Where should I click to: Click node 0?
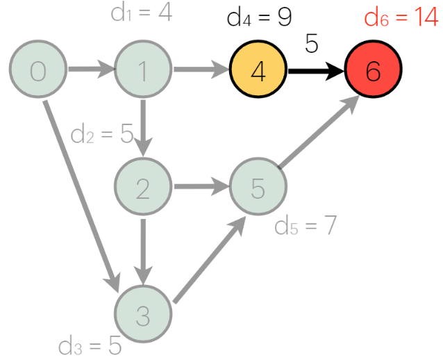pyautogui.click(x=37, y=70)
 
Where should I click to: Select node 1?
pyautogui.click(x=142, y=70)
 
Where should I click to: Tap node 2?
pyautogui.click(x=142, y=188)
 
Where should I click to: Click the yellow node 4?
pyautogui.click(x=258, y=70)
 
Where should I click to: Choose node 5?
pyautogui.click(x=258, y=188)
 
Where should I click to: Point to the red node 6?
pyautogui.click(x=373, y=70)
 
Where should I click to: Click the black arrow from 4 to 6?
pyautogui.click(x=316, y=70)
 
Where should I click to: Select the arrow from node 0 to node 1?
pyautogui.click(x=90, y=70)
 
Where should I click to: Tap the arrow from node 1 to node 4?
pyautogui.click(x=201, y=70)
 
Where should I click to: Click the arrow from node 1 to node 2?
pyautogui.click(x=142, y=129)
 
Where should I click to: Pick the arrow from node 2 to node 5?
pyautogui.click(x=201, y=188)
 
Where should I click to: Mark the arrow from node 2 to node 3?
pyautogui.click(x=142, y=250)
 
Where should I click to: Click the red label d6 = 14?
pyautogui.click(x=401, y=17)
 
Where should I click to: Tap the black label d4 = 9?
pyautogui.click(x=259, y=17)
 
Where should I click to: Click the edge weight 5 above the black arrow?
pyautogui.click(x=312, y=44)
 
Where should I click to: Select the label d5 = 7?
pyautogui.click(x=306, y=226)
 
